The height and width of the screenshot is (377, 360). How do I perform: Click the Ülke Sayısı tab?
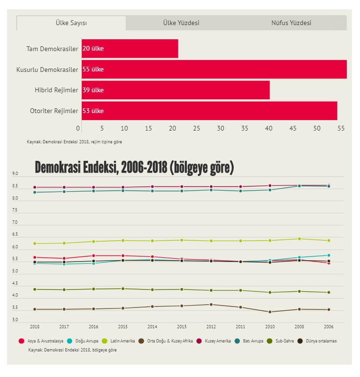pyautogui.click(x=71, y=23)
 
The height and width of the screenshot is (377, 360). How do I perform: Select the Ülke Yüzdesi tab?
pyautogui.click(x=181, y=23)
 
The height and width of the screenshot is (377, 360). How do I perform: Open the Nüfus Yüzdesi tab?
pyautogui.click(x=291, y=23)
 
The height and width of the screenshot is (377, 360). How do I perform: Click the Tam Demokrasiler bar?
pyautogui.click(x=130, y=48)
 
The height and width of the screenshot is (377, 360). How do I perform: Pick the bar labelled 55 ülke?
pyautogui.click(x=214, y=69)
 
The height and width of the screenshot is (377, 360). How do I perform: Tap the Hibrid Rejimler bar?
pyautogui.click(x=176, y=90)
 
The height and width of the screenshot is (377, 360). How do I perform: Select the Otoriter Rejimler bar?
pyautogui.click(x=209, y=111)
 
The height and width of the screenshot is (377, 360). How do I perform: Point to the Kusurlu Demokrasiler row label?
pyautogui.click(x=47, y=70)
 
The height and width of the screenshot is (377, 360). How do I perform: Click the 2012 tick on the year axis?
pyautogui.click(x=211, y=326)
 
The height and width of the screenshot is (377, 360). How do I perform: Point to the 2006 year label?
pyautogui.click(x=329, y=326)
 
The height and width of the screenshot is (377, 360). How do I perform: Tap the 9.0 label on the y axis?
pyautogui.click(x=15, y=174)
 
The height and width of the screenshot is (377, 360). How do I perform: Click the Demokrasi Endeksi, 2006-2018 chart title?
pyautogui.click(x=134, y=167)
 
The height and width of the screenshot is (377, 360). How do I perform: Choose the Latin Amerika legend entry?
pyautogui.click(x=121, y=341)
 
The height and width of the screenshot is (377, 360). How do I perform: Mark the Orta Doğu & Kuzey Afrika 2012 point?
pyautogui.click(x=211, y=305)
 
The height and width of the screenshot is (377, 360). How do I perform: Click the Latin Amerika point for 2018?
pyautogui.click(x=35, y=244)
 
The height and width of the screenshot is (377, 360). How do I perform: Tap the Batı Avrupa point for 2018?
pyautogui.click(x=35, y=192)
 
